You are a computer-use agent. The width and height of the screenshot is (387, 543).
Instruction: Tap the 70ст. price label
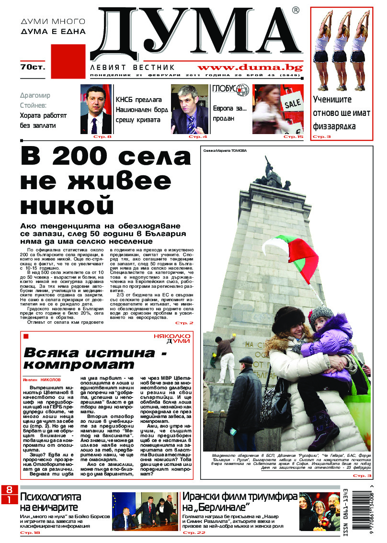[32, 67]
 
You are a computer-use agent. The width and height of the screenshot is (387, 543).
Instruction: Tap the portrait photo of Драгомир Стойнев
[96, 110]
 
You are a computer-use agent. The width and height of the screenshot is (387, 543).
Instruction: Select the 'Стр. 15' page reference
[293, 137]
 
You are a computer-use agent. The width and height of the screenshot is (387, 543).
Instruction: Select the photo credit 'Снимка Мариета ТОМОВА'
[225, 150]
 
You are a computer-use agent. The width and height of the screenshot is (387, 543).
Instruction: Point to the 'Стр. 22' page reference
[194, 532]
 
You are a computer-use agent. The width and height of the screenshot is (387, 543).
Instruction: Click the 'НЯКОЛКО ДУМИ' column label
[172, 339]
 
